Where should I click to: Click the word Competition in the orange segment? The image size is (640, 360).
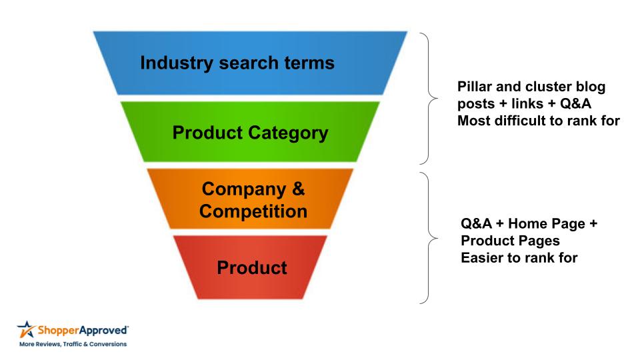tap(253, 212)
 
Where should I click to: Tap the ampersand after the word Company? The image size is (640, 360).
tap(298, 189)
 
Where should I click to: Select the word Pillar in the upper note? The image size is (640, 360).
tap(475, 88)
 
